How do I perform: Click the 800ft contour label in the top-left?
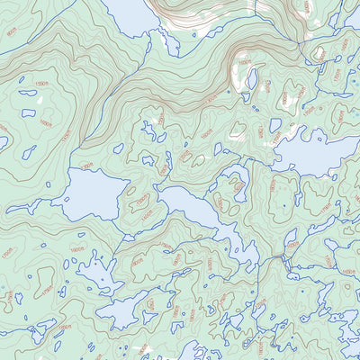[12, 33]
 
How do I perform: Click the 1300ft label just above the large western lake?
[87, 166]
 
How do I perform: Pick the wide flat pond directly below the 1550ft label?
[29, 113]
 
